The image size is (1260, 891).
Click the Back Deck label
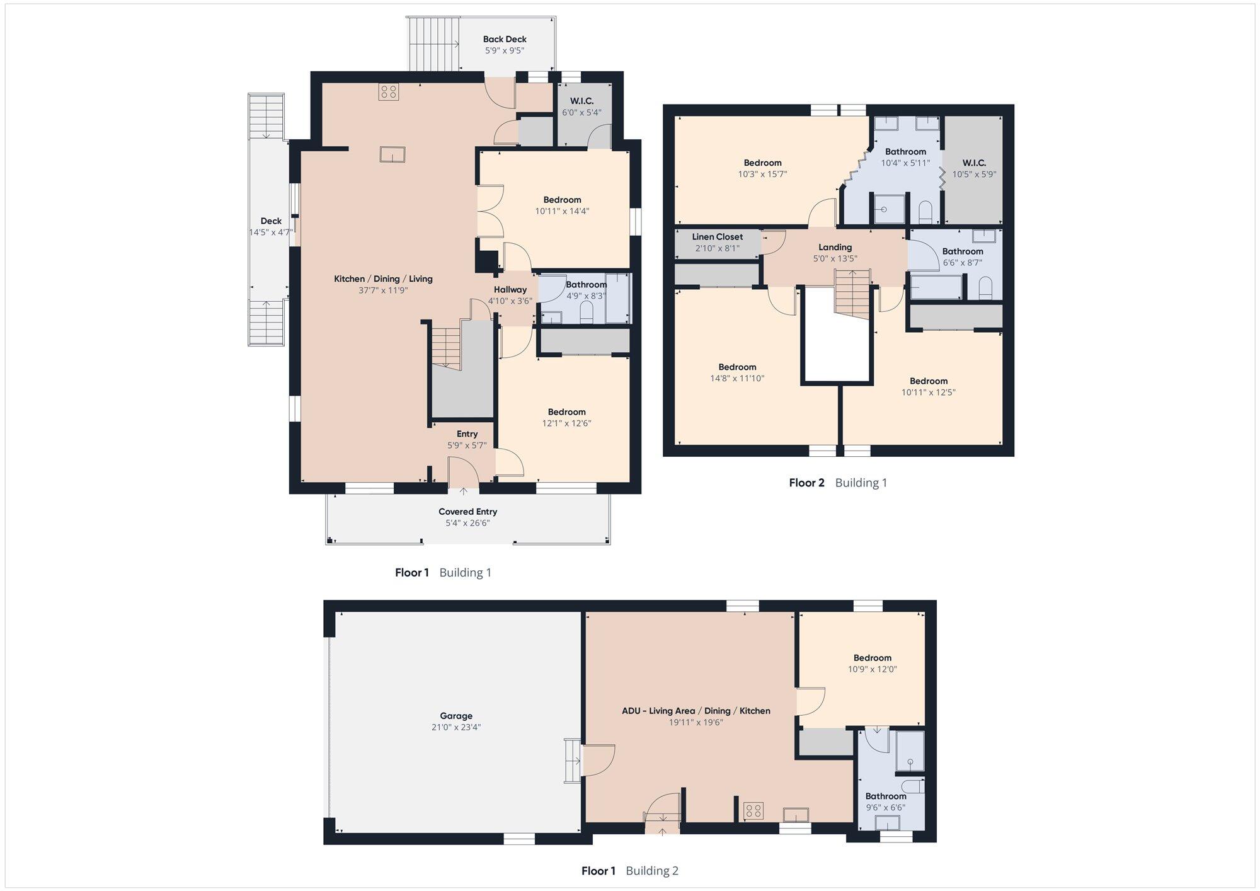tap(505, 39)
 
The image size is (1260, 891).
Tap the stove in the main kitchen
tap(388, 92)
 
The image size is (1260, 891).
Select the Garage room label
tap(456, 716)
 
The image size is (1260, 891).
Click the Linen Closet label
tap(718, 237)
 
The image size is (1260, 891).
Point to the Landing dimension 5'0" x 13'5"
tap(835, 258)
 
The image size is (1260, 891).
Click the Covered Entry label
tap(467, 512)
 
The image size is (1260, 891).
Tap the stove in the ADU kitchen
tap(753, 810)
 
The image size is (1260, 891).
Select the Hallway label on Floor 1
tap(510, 290)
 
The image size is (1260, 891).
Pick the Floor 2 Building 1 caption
tap(838, 483)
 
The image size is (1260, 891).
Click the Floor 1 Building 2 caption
tap(630, 871)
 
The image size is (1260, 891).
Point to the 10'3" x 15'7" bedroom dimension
tap(763, 174)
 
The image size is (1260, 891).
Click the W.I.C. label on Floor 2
tap(975, 163)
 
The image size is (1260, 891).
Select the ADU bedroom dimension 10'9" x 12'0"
tap(873, 669)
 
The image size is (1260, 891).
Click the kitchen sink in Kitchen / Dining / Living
tap(392, 154)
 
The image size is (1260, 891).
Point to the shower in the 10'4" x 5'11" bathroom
tap(889, 209)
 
